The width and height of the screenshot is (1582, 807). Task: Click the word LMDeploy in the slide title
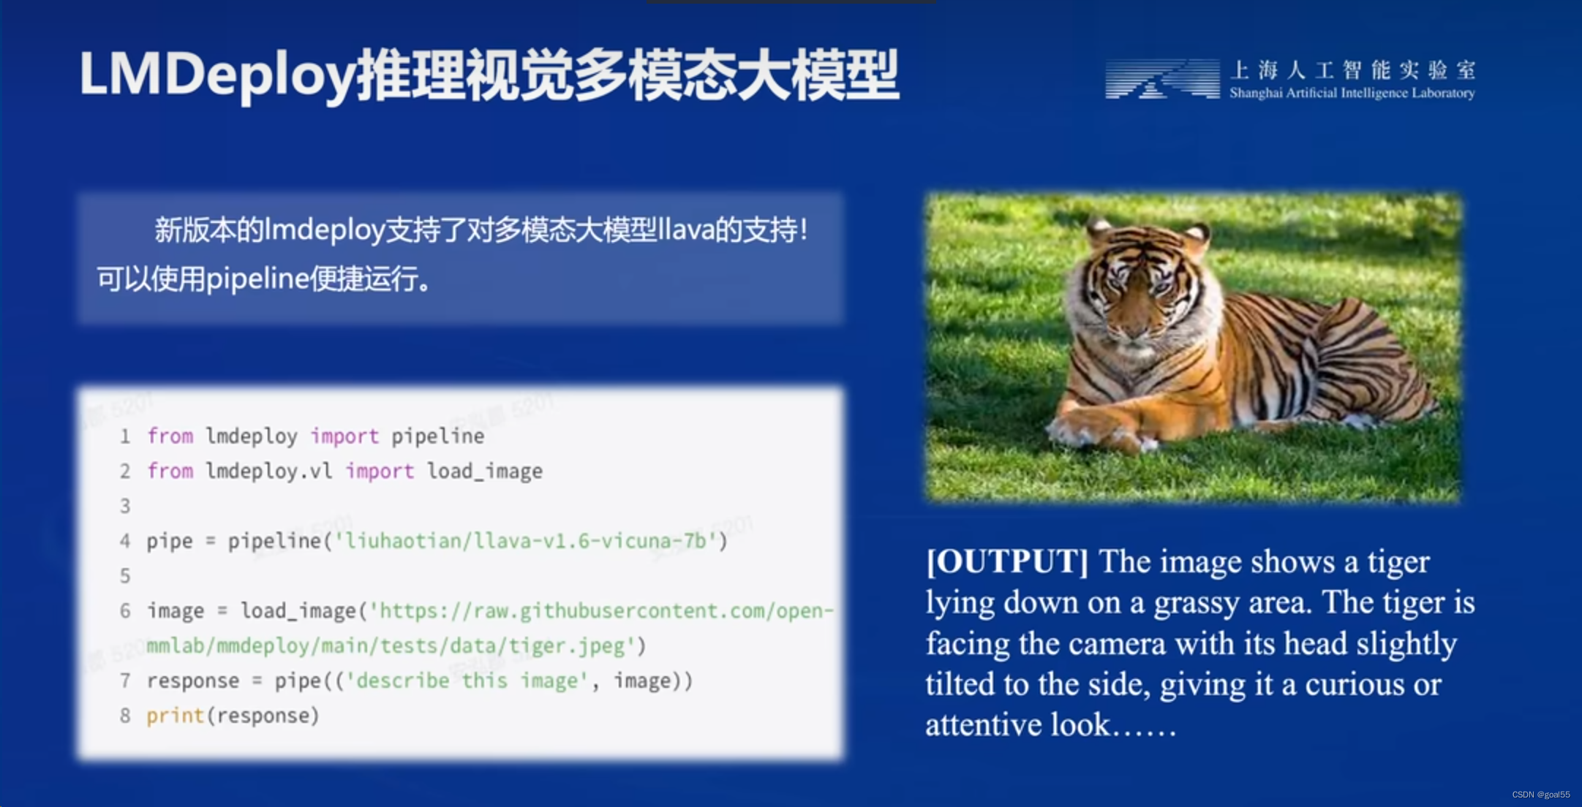tap(216, 75)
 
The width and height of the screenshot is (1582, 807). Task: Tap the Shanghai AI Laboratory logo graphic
tap(1161, 79)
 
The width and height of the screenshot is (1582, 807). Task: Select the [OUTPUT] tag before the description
tap(1007, 561)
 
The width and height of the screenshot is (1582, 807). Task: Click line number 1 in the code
tap(125, 436)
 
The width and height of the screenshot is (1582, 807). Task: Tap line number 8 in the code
tap(125, 716)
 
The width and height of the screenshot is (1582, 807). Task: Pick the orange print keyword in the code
tap(175, 716)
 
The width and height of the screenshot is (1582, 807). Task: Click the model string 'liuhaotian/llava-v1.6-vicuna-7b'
tap(524, 541)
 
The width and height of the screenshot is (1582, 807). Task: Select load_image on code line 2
tap(484, 471)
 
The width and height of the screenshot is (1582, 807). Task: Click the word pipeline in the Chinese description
tap(257, 279)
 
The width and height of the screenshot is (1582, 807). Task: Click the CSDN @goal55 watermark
tap(1540, 795)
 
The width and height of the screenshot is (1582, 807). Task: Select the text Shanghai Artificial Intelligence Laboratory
tap(1352, 93)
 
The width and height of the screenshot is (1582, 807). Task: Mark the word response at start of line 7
tap(192, 681)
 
